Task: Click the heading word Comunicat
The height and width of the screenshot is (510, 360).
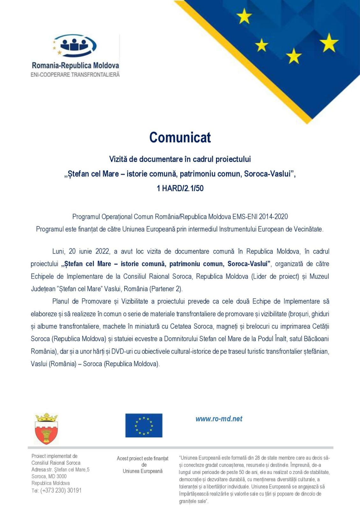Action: pyautogui.click(x=180, y=138)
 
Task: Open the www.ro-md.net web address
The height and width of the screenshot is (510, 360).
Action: pyautogui.click(x=219, y=419)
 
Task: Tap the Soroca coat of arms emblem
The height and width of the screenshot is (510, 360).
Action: pyautogui.click(x=47, y=429)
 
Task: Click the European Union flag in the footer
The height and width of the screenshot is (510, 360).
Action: pyautogui.click(x=144, y=426)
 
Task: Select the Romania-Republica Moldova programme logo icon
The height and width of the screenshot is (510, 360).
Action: pyautogui.click(x=75, y=46)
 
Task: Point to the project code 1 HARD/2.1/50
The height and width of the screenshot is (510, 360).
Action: pyautogui.click(x=180, y=188)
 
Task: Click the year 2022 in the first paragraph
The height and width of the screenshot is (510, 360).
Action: pyautogui.click(x=102, y=251)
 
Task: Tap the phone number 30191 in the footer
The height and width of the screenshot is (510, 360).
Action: pyautogui.click(x=74, y=490)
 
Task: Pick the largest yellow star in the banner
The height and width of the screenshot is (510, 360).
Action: pyautogui.click(x=328, y=43)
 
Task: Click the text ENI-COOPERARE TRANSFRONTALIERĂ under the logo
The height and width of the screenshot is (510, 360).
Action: pyautogui.click(x=75, y=75)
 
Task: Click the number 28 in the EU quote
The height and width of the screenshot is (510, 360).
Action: pyautogui.click(x=257, y=458)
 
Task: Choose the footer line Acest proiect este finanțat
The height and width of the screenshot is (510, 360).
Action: pyautogui.click(x=142, y=458)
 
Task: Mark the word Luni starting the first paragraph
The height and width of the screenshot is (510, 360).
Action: pyautogui.click(x=58, y=251)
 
